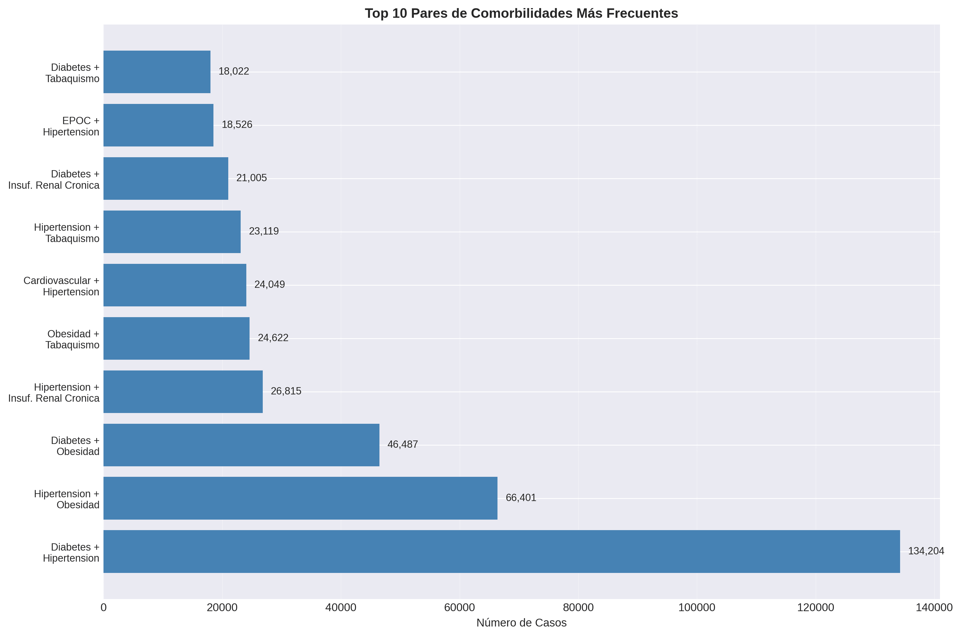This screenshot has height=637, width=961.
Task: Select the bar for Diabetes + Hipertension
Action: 501,551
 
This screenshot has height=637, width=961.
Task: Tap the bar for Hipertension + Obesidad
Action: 300,498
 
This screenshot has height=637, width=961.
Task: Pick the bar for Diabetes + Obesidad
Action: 241,445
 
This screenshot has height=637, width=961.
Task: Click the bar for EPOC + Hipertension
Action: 158,125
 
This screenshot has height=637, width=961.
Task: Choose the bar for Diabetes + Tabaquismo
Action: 157,72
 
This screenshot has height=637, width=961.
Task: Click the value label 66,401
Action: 520,498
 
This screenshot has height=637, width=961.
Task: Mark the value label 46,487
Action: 402,444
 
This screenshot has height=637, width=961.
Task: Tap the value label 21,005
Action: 251,178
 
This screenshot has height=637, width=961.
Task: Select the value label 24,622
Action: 273,338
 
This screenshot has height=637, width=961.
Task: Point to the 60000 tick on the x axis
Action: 459,608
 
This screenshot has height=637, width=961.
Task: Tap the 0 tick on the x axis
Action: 104,608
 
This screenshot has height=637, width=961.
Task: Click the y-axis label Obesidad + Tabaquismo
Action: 73,339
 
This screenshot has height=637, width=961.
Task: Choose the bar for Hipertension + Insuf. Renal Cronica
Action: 183,392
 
